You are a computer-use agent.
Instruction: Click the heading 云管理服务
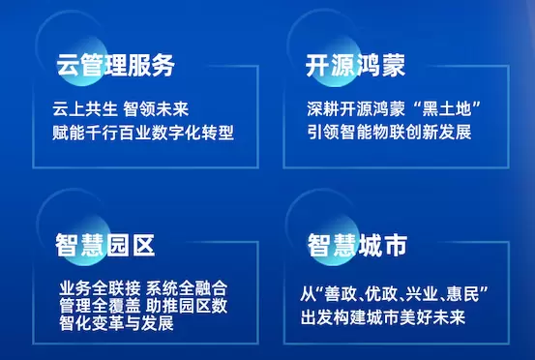(116, 65)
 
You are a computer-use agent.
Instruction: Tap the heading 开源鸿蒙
(355, 65)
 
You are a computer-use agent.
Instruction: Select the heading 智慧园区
(105, 245)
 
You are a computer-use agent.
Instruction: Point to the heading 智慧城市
(358, 245)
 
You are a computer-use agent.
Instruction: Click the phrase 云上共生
(84, 109)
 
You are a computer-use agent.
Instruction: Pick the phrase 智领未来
(156, 109)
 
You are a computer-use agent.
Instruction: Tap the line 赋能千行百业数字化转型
(143, 133)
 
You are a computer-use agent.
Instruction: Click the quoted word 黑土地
(447, 109)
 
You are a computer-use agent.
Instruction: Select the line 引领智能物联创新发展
(389, 132)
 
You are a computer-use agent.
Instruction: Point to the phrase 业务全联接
(100, 288)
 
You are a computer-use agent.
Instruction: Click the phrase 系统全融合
(187, 288)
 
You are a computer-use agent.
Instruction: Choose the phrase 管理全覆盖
(100, 306)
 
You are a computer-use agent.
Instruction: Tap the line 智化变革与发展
(117, 323)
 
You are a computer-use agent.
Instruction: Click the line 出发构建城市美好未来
(383, 317)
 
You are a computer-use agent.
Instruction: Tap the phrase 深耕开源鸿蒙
(356, 109)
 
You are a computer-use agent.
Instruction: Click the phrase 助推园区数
(187, 306)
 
